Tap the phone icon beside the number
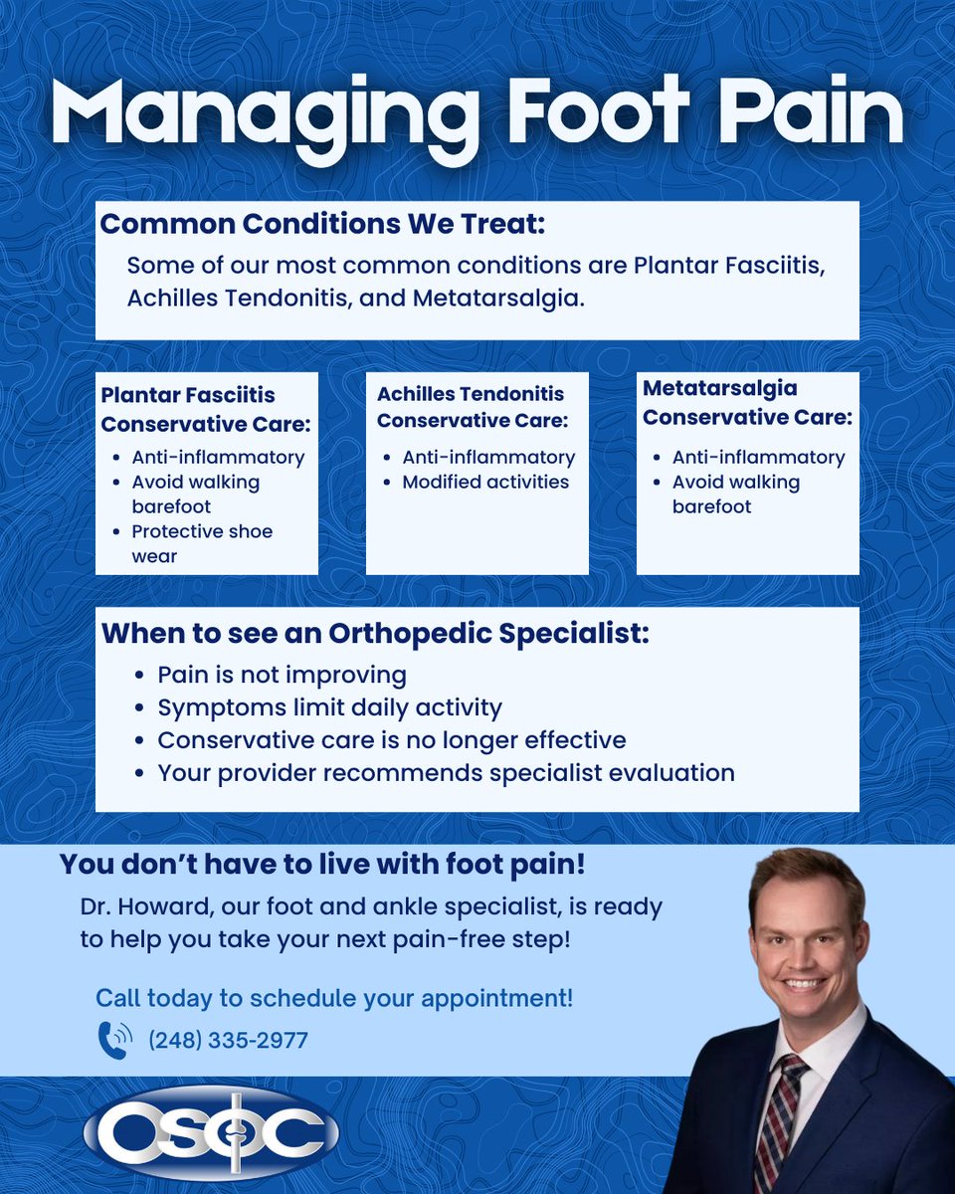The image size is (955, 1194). pyautogui.click(x=113, y=1040)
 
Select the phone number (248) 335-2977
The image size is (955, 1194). pyautogui.click(x=228, y=1041)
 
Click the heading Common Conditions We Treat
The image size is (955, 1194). pyautogui.click(x=323, y=224)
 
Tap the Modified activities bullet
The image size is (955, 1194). pyautogui.click(x=485, y=482)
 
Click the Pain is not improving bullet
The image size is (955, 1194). pyautogui.click(x=282, y=675)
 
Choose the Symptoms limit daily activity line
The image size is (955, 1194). pyautogui.click(x=329, y=707)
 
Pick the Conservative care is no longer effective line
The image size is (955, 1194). pyautogui.click(x=391, y=740)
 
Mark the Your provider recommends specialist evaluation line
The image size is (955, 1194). pyautogui.click(x=446, y=772)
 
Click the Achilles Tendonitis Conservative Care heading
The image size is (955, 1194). pyautogui.click(x=472, y=407)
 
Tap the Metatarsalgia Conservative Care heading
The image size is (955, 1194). pyautogui.click(x=747, y=403)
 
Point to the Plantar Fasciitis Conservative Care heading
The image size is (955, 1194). pyautogui.click(x=206, y=410)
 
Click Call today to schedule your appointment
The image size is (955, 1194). pyautogui.click(x=334, y=998)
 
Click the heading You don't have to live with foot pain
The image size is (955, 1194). pyautogui.click(x=322, y=865)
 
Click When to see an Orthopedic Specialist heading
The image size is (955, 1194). pyautogui.click(x=375, y=633)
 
